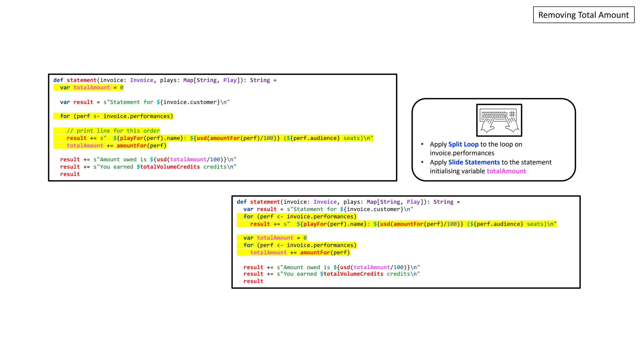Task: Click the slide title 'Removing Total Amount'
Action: (583, 15)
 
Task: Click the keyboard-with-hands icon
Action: (499, 120)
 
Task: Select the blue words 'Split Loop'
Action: (463, 144)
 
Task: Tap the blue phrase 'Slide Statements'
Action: (474, 162)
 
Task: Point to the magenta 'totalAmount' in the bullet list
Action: (506, 171)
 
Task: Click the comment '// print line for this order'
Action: (113, 131)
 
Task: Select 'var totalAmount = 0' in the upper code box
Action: (92, 87)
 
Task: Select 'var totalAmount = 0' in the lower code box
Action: (275, 238)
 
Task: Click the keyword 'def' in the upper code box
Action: (58, 80)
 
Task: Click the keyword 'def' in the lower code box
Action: (242, 202)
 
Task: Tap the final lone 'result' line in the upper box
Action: (70, 174)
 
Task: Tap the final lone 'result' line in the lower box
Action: (253, 281)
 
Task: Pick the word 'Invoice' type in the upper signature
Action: (142, 80)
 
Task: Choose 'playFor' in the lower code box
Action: (315, 224)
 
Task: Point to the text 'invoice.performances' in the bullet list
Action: (462, 153)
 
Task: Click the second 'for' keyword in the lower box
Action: (248, 245)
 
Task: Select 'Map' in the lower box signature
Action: (372, 202)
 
